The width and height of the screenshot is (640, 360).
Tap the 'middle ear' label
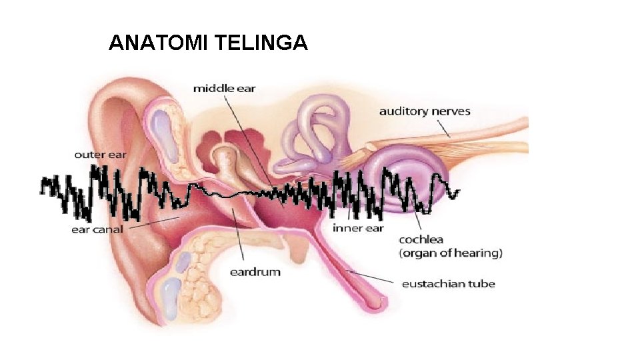[224, 88]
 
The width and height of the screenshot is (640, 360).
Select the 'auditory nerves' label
[425, 111]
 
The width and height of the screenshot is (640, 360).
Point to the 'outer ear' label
[100, 155]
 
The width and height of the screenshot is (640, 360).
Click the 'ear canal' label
[97, 230]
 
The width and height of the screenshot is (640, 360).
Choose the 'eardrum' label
[255, 272]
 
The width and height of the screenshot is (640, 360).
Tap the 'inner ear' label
[358, 228]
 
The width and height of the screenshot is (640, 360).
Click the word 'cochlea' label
[421, 239]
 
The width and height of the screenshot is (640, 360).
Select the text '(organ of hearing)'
[450, 253]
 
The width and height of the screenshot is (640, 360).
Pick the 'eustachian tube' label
[448, 284]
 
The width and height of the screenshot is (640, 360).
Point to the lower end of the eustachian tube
[377, 303]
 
